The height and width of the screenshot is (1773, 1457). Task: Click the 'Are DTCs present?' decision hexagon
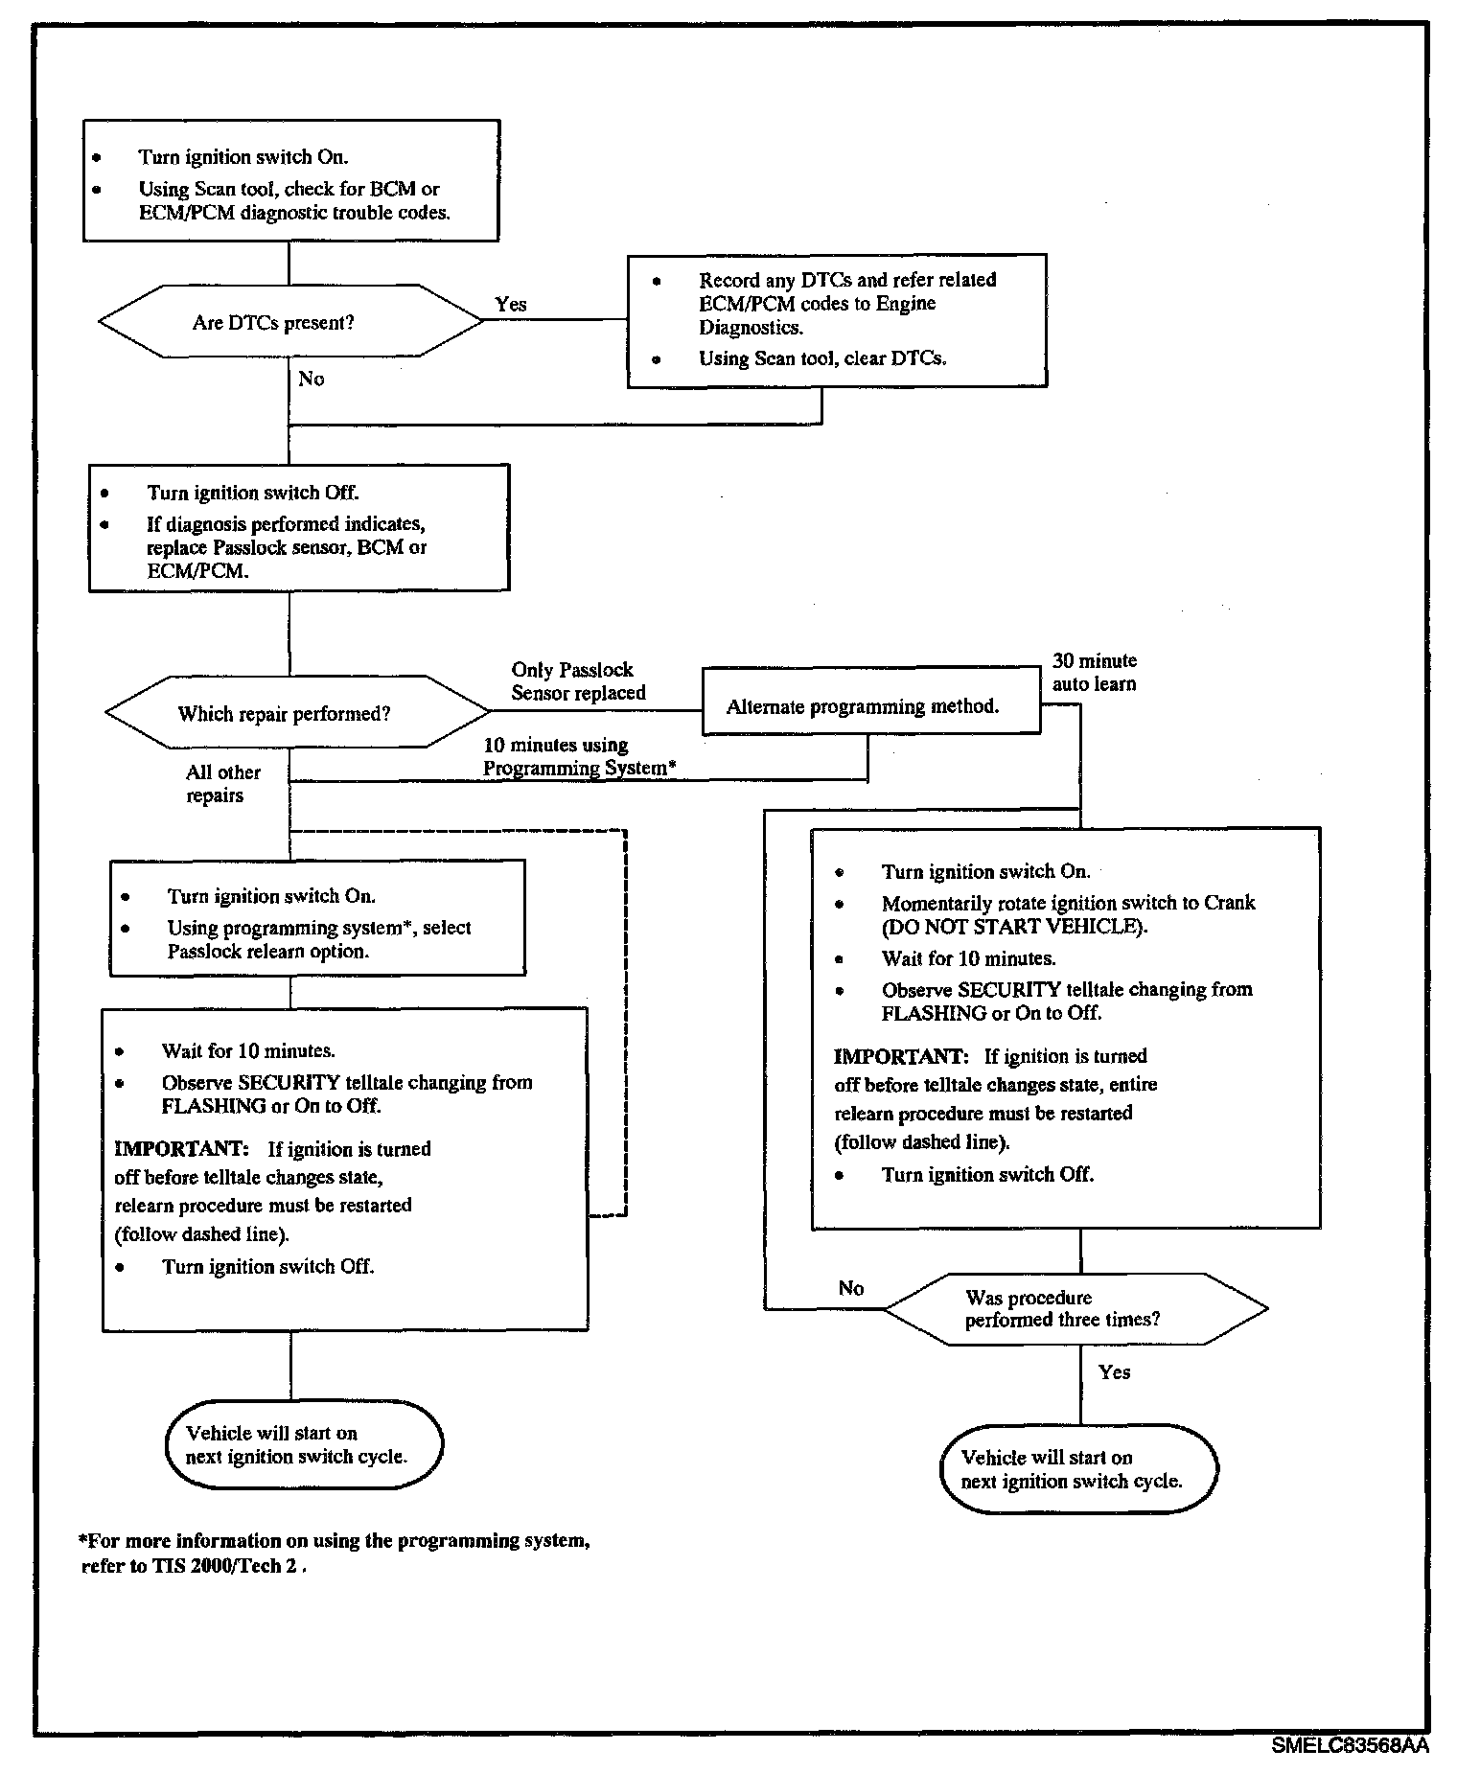[x=290, y=322]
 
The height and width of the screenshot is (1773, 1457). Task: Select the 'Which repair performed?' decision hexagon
[x=296, y=713]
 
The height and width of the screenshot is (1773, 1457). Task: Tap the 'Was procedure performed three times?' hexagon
[x=1075, y=1309]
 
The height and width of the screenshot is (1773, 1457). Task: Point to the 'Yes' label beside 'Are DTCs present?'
[x=510, y=304]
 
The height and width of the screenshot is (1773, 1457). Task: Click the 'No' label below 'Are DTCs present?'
[x=311, y=380]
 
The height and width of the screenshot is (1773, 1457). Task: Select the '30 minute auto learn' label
[x=1094, y=672]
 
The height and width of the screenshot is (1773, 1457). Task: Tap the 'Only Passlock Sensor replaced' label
[x=578, y=681]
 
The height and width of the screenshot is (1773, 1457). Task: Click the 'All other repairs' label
[x=222, y=784]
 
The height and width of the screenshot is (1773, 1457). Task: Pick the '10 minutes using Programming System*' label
[x=579, y=756]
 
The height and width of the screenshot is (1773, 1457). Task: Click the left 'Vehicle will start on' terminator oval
[x=303, y=1444]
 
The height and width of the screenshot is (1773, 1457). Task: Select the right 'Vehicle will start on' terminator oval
[x=1078, y=1469]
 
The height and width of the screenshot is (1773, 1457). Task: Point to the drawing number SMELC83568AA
[x=1350, y=1746]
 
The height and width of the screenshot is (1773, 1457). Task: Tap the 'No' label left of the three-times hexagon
[x=850, y=1288]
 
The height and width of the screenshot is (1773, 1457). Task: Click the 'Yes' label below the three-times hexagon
[x=1114, y=1372]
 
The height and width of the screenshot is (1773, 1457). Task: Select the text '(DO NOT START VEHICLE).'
[x=1014, y=927]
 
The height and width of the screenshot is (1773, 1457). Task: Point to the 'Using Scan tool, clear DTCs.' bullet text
[x=821, y=358]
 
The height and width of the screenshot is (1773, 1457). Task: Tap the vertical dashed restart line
[x=625, y=1021]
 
